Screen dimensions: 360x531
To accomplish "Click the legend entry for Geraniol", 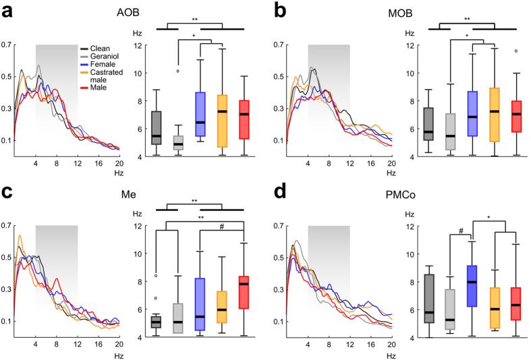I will [101, 58].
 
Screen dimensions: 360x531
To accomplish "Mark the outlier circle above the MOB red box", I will [515, 51].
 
